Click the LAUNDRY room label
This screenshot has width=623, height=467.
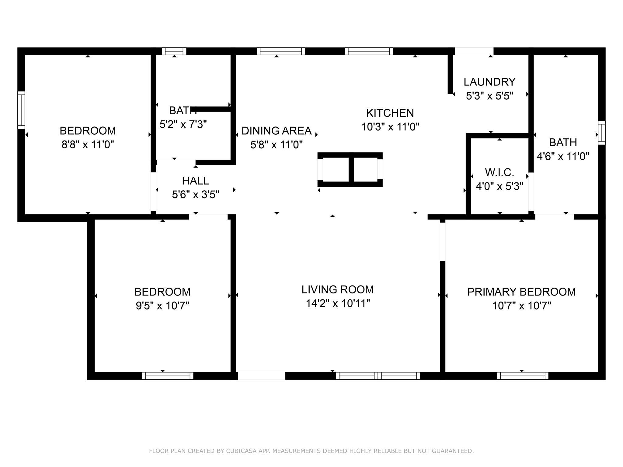[x=489, y=82]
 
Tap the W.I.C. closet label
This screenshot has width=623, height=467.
[x=499, y=172]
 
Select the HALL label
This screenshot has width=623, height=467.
[x=195, y=181]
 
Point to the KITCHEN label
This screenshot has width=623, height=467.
[x=390, y=113]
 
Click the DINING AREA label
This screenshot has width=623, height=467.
[x=277, y=131]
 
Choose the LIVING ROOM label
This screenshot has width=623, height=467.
[x=338, y=289]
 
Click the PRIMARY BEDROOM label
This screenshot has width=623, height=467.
[x=521, y=292]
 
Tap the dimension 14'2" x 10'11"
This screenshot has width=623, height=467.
[x=338, y=303]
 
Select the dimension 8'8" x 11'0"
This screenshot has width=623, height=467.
[x=88, y=145]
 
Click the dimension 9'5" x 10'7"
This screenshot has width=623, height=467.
[x=162, y=306]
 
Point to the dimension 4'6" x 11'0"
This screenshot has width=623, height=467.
[x=563, y=157]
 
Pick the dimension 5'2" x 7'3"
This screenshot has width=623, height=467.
[x=183, y=124]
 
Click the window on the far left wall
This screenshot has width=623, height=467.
[x=21, y=110]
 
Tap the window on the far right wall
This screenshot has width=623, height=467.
[x=602, y=133]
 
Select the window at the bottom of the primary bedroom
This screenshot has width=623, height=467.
[x=523, y=376]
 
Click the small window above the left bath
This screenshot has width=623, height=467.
[x=174, y=51]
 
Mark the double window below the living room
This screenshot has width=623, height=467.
[x=378, y=376]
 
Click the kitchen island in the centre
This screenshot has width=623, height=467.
[x=350, y=170]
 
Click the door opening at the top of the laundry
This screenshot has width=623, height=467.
[x=474, y=51]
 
